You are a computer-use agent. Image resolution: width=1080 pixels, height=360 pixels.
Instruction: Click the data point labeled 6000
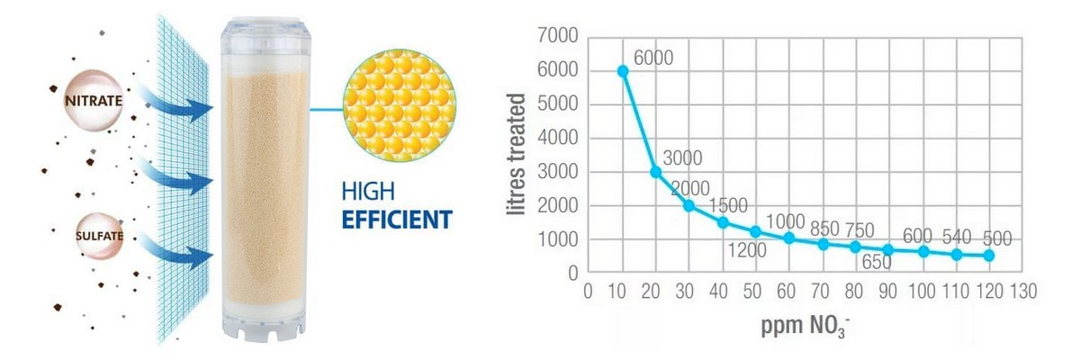tap(622, 71)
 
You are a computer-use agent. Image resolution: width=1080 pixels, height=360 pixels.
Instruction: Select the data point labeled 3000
tap(656, 172)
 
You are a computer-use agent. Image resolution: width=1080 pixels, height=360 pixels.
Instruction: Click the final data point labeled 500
tap(989, 256)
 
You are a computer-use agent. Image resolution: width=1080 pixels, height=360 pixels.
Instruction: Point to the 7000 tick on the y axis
tap(554, 37)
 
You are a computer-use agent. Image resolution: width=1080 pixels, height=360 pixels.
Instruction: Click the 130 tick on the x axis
tap(1023, 292)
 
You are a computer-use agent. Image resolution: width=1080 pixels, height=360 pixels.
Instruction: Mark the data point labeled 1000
tap(789, 238)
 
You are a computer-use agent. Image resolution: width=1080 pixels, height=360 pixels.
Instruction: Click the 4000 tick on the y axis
tap(554, 139)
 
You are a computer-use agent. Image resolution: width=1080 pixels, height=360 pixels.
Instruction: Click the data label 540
tap(958, 237)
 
